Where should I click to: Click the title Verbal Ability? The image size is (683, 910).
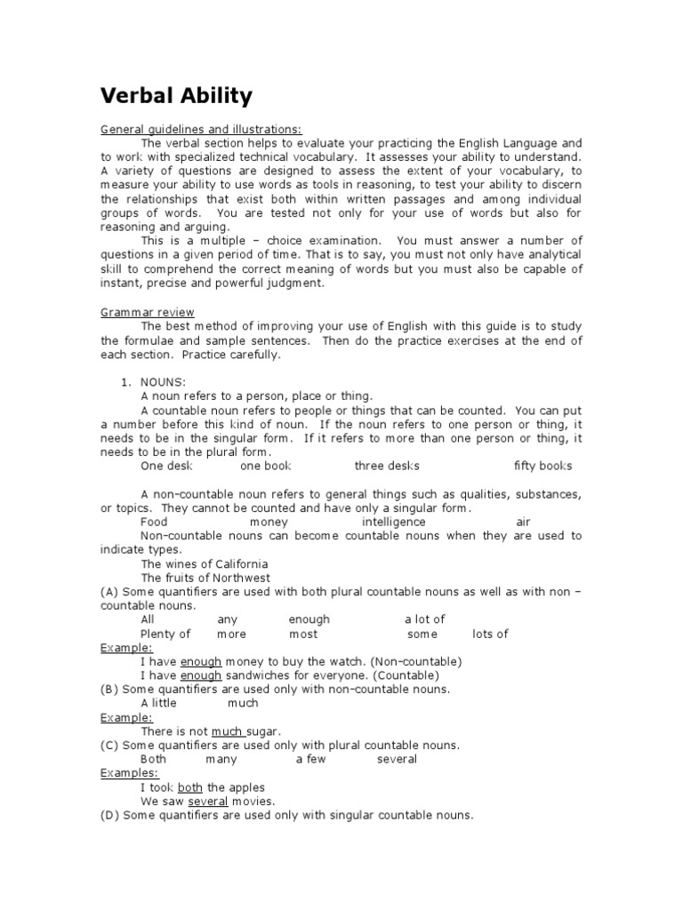pos(176,95)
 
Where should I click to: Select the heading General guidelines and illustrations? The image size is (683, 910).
pos(189,129)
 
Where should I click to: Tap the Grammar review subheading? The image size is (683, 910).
pos(147,312)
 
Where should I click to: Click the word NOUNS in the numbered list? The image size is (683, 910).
pos(163,381)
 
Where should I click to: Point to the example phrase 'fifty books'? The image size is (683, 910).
pos(542,466)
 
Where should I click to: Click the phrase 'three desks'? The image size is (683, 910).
pos(387,466)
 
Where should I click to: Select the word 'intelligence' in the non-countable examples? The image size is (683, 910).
pos(393,522)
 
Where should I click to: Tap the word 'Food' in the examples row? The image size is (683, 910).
pos(154,522)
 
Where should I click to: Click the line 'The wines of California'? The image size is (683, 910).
pos(204,564)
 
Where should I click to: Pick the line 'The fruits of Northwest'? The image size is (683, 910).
pos(205,578)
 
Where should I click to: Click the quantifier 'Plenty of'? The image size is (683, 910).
pos(165,634)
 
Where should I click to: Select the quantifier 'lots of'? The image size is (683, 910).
pos(490,634)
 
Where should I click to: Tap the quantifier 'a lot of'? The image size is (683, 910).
pos(424,619)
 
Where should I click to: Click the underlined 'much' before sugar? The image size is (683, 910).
pos(228,730)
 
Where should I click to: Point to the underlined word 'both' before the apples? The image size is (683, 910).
pos(190,787)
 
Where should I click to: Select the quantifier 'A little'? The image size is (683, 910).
pos(158,703)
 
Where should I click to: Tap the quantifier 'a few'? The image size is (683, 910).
pos(310,759)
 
